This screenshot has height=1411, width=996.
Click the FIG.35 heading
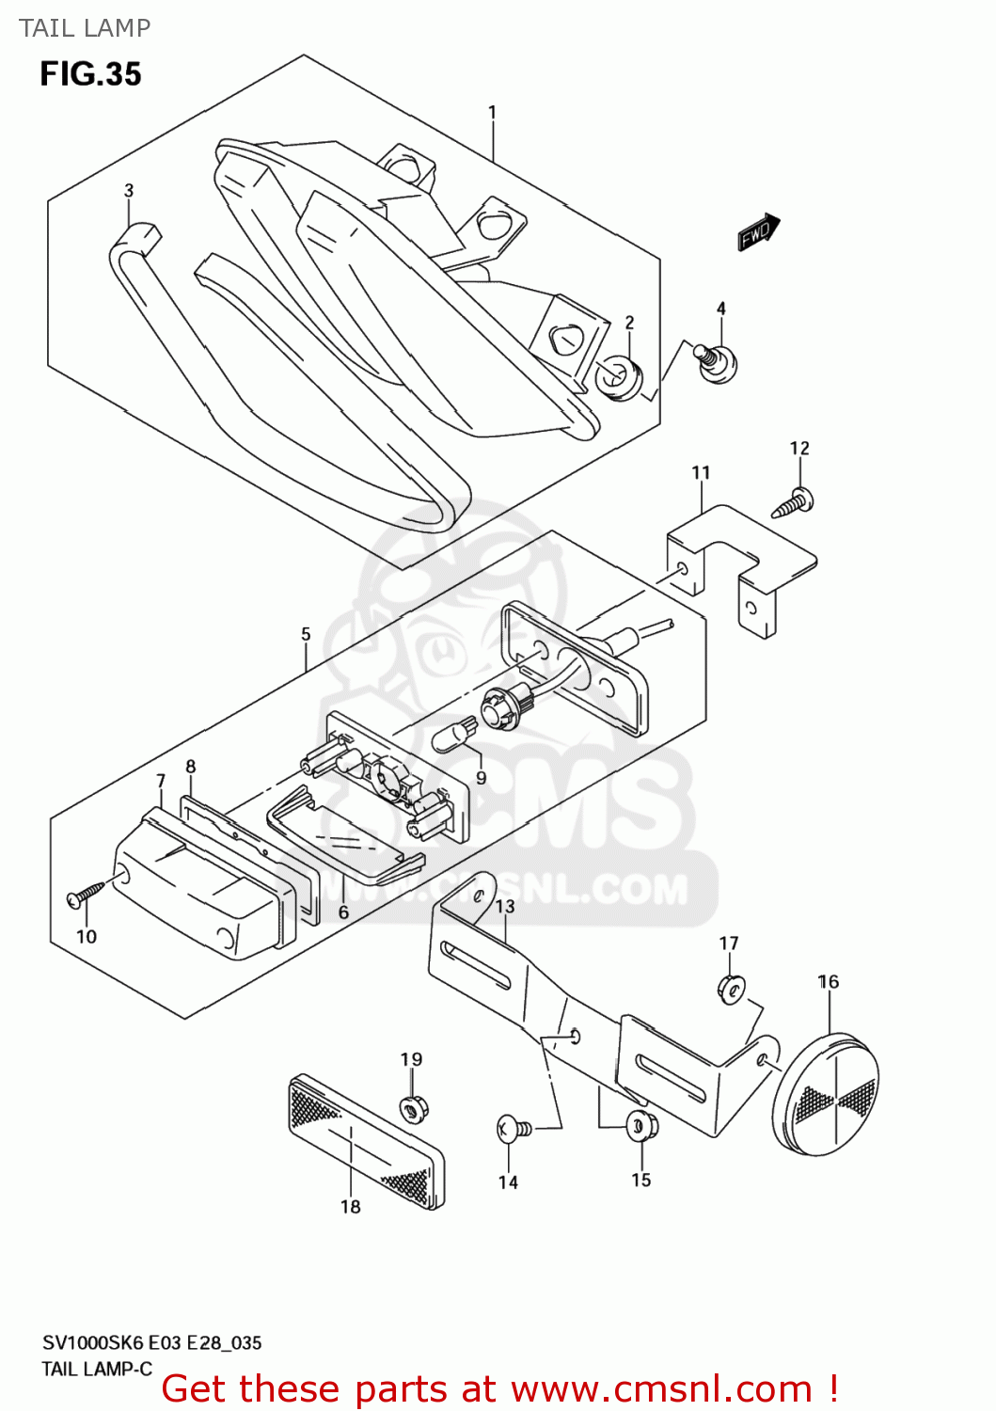coord(90,74)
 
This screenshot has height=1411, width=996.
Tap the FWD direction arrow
coord(758,232)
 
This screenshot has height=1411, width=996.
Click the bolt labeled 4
coord(717,362)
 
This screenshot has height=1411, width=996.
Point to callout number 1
coord(492,113)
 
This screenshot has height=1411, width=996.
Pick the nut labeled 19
coord(411,1107)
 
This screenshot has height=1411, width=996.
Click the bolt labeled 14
coord(512,1127)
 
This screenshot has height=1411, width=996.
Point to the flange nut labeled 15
coord(641,1125)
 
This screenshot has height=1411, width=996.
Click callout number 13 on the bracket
coord(505,906)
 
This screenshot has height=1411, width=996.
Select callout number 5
coord(306,634)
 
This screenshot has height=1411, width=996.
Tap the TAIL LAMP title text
coord(85,28)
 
